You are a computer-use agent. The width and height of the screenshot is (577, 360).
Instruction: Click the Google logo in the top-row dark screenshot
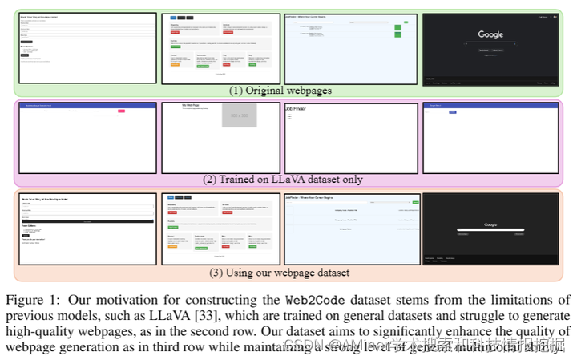[490, 34]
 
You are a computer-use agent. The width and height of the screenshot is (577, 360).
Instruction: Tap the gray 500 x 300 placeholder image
[239, 115]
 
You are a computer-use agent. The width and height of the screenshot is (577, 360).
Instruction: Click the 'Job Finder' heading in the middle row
[301, 108]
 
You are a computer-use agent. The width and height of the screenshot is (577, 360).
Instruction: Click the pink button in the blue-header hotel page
[122, 111]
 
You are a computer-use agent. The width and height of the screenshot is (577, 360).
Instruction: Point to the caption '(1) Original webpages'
[280, 90]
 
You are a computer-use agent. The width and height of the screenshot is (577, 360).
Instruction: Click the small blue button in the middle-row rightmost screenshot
[452, 111]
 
